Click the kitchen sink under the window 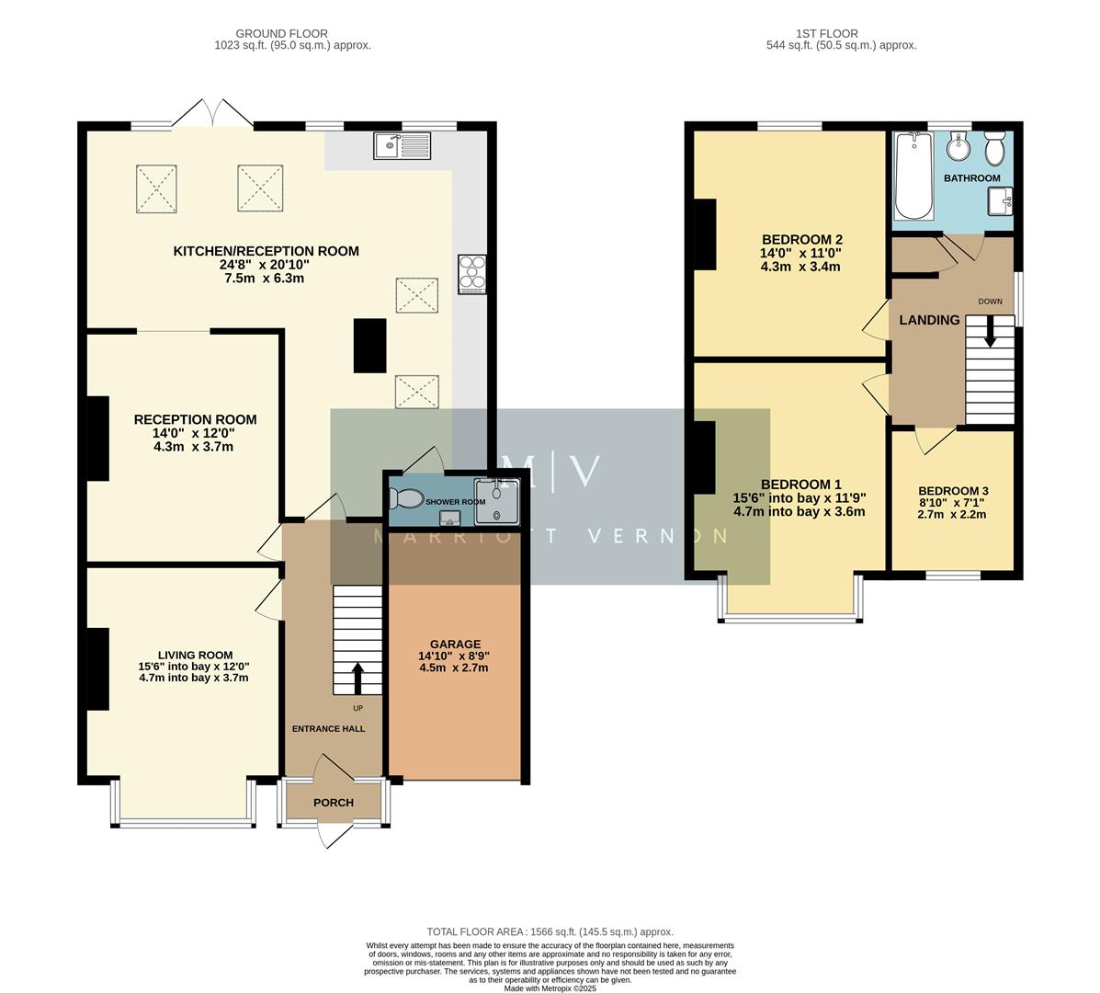click(x=402, y=146)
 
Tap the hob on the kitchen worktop click(x=471, y=274)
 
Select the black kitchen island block click(x=371, y=346)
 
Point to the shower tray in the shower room click(x=497, y=501)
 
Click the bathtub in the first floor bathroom click(x=913, y=177)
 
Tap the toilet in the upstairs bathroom click(x=994, y=148)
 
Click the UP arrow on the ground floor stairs click(x=357, y=679)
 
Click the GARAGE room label click(x=455, y=644)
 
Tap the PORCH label click(x=334, y=803)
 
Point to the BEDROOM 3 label click(x=952, y=491)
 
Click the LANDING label click(x=929, y=320)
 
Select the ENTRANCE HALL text click(x=328, y=729)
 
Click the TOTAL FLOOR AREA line click(x=550, y=931)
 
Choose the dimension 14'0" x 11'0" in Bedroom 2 click(x=800, y=253)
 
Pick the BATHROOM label click(x=972, y=178)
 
